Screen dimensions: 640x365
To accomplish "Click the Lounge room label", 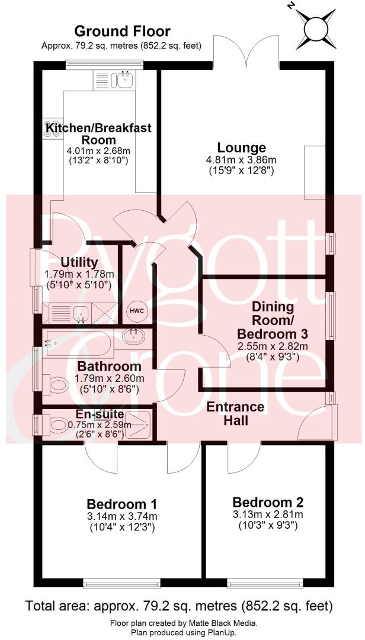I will (x=241, y=147).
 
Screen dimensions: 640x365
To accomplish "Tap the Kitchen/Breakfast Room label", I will (x=99, y=133).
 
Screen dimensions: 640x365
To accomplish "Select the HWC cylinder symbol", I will (x=137, y=311).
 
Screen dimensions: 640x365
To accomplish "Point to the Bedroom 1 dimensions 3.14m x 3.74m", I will (x=122, y=516).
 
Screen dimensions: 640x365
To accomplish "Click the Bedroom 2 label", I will (x=268, y=502).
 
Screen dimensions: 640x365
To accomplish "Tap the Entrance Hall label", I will (x=235, y=414).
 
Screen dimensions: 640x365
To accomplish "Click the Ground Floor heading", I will (x=122, y=31).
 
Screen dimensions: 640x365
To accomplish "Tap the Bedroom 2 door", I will (x=243, y=454).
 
